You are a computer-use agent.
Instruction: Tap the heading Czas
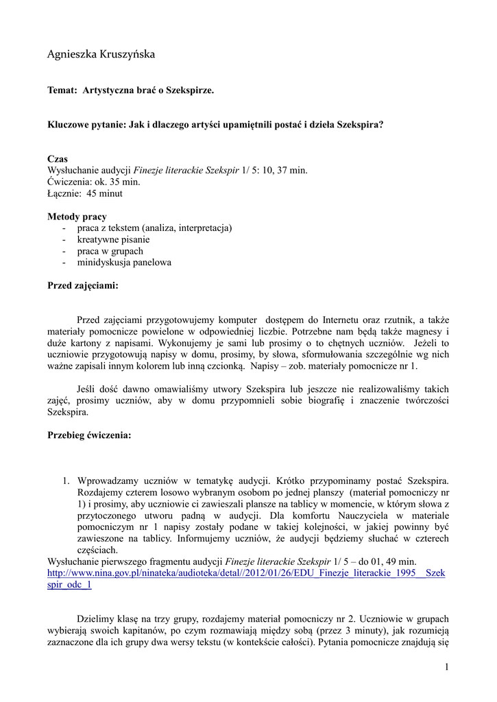(58, 159)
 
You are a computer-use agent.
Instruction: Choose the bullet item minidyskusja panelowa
(124, 263)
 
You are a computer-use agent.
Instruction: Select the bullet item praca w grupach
(110, 252)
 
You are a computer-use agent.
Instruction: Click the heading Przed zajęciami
(83, 285)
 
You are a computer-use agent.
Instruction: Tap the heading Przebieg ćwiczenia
(89, 435)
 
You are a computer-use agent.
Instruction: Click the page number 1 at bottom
(446, 667)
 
